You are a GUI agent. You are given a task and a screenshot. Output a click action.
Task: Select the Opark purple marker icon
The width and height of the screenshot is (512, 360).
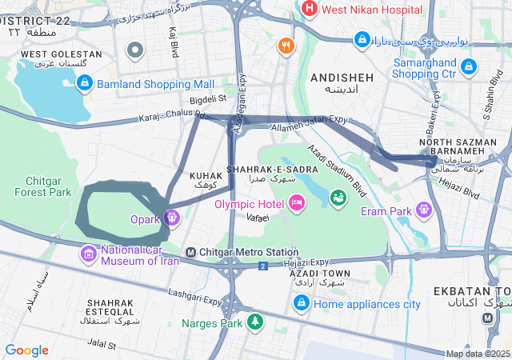click(x=172, y=217)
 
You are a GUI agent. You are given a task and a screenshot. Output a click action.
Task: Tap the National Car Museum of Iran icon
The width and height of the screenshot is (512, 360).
click(x=89, y=254)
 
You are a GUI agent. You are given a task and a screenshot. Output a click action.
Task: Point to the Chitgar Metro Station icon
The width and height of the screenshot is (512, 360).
click(x=190, y=253)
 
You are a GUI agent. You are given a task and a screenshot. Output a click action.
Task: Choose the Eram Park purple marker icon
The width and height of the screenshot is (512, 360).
click(x=423, y=210)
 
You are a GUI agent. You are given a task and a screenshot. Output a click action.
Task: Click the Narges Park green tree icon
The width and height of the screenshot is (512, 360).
click(x=254, y=322)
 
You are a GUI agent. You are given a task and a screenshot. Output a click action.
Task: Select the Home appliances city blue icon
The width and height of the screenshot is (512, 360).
click(x=302, y=302)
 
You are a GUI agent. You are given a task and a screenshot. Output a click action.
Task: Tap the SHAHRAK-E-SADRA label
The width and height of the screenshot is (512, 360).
click(x=263, y=170)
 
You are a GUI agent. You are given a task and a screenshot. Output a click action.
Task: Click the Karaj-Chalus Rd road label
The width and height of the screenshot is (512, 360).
click(x=171, y=118)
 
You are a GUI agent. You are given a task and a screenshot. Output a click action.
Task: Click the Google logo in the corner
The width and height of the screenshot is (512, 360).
click(x=26, y=350)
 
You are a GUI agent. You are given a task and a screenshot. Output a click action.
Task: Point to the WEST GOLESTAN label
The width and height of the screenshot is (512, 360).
click(x=61, y=54)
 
